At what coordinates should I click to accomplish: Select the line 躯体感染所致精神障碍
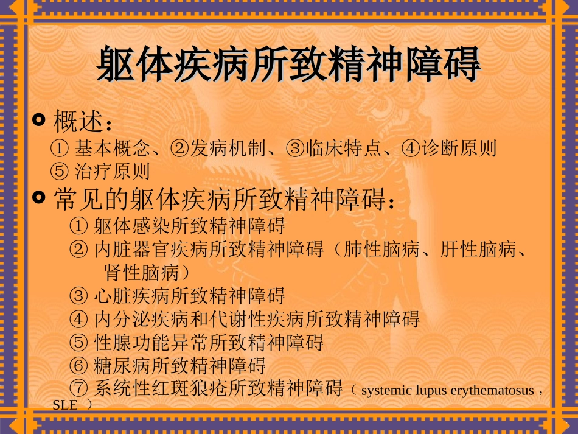[x=189, y=226]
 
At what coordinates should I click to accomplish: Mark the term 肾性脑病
[x=142, y=271]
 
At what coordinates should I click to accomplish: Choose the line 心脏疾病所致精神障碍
[x=189, y=296]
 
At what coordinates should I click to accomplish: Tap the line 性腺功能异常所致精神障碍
[x=209, y=342]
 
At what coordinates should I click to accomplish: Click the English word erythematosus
[x=492, y=391]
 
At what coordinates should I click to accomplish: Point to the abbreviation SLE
[x=65, y=405]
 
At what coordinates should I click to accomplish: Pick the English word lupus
[x=430, y=391]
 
